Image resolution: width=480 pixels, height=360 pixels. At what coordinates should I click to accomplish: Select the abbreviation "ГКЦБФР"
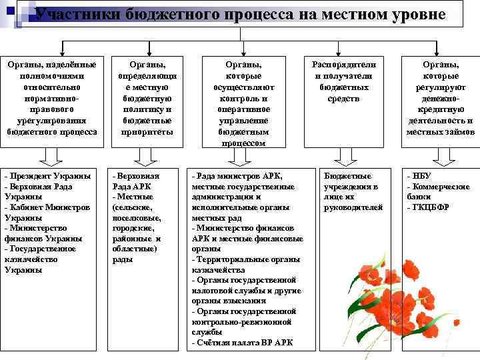(x=430, y=207)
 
